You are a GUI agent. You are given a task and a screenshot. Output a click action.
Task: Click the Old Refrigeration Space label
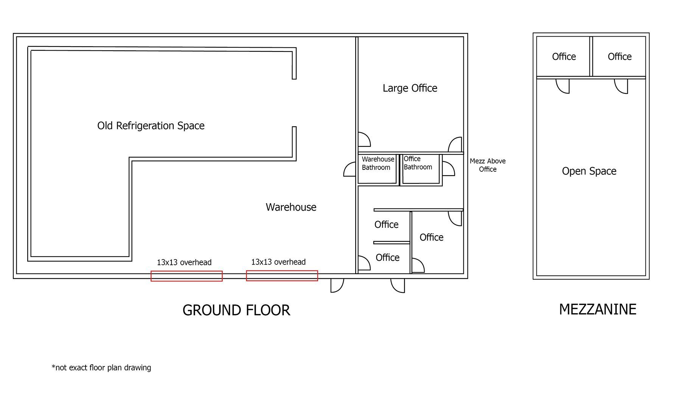coord(151,126)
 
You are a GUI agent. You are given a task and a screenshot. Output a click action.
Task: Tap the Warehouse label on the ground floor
coord(291,207)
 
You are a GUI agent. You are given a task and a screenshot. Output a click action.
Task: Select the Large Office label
coord(410,88)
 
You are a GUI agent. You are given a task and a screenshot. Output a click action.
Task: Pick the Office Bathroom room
coord(421,169)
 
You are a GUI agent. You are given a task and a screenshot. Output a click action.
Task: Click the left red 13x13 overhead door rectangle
coord(187,276)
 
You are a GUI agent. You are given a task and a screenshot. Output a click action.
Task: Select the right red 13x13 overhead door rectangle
coord(282,276)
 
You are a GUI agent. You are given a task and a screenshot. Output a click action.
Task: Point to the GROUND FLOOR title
coord(236,310)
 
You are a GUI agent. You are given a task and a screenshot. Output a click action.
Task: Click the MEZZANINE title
coord(597,309)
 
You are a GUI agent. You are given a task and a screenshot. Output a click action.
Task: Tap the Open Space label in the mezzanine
coord(589,171)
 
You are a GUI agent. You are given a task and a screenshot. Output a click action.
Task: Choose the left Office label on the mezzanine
coord(564,57)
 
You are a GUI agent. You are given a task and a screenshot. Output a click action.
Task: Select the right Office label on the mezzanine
coord(620,57)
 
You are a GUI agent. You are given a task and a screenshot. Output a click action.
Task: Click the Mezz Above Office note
coord(488,165)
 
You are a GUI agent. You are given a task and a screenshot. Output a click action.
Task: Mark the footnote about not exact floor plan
coord(101,367)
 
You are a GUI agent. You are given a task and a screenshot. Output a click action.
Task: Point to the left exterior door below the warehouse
coord(337,286)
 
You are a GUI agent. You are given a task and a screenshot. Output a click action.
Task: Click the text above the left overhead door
coord(184,262)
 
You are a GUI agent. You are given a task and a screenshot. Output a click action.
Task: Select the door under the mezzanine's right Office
coord(621,86)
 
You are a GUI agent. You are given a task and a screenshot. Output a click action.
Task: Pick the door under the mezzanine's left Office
coord(563,86)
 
